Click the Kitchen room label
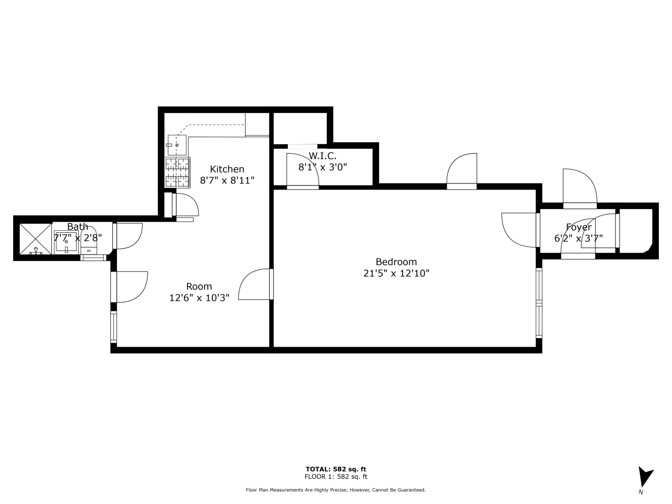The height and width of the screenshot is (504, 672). point(227,169)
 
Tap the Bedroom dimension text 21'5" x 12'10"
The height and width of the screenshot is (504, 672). point(396,273)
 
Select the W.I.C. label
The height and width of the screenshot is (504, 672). point(322,156)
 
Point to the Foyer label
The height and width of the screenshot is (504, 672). point(579,227)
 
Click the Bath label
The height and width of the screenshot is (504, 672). point(78,226)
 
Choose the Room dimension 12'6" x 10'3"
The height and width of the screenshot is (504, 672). point(199,297)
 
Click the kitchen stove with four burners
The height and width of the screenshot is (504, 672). point(177,172)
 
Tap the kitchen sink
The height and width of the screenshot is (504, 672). point(177,145)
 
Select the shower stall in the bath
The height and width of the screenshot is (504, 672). point(35,239)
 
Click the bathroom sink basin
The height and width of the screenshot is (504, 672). point(66,242)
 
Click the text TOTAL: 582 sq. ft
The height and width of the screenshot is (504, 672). point(336,469)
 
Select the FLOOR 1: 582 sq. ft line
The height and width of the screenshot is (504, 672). point(336,476)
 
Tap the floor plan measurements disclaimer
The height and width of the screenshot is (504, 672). point(336,490)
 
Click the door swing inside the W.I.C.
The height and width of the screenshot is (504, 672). point(302,170)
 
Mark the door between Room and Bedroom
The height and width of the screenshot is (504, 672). point(255,284)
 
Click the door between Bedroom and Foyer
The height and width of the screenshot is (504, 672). point(520,230)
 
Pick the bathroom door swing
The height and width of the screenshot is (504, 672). point(129,236)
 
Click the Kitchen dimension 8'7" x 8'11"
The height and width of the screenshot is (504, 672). point(227,180)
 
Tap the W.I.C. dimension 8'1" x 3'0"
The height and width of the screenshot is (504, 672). point(323,167)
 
